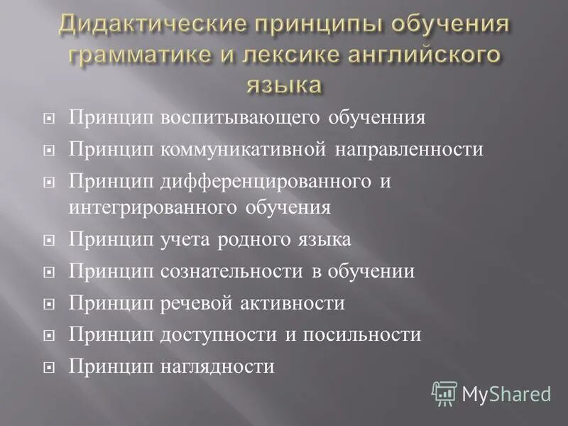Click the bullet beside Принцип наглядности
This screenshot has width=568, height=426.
tap(49, 368)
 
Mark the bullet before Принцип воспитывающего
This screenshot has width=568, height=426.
tap(49, 119)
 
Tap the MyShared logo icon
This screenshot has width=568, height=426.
tap(444, 393)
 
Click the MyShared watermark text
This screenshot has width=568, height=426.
tap(506, 393)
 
